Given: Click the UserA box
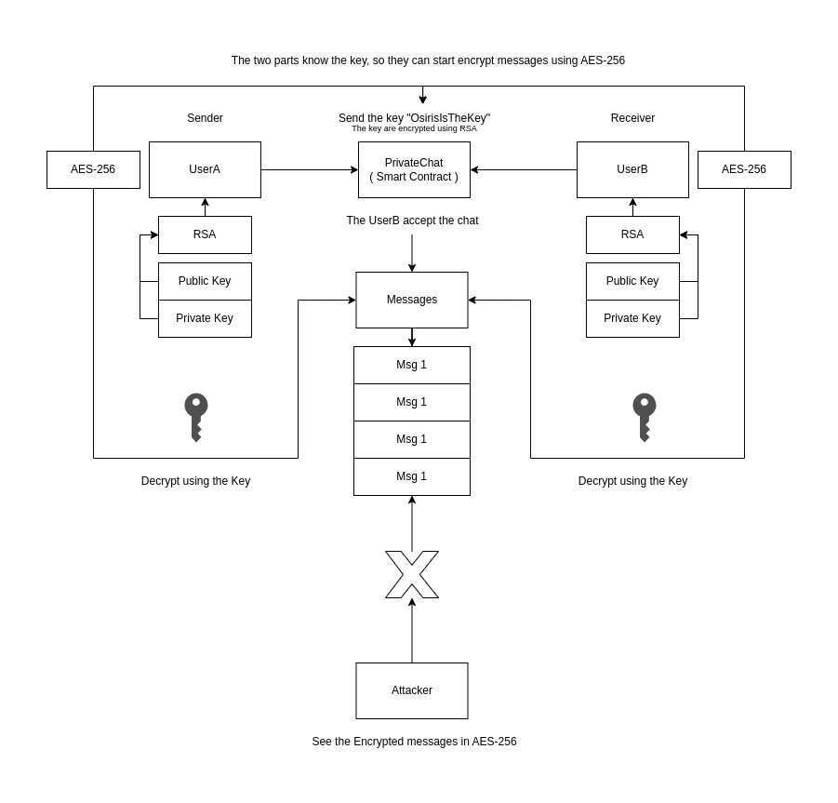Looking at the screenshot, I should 205,169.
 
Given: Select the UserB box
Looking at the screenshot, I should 632,169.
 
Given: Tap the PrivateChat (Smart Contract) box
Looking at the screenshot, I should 414,169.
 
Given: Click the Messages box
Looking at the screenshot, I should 412,300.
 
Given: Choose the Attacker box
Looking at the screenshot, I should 412,690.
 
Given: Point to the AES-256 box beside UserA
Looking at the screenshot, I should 93,169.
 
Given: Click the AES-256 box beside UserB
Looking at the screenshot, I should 744,169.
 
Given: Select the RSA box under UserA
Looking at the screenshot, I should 205,234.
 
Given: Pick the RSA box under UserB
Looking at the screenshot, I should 632,234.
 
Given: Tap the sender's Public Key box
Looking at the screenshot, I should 205,281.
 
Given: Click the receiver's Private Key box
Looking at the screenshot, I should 632,318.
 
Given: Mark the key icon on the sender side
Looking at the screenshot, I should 195,416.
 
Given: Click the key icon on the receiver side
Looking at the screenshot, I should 644,416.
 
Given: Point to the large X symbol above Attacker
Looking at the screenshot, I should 412,574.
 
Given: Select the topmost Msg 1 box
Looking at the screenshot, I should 412,365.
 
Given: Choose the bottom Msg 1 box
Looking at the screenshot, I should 412,476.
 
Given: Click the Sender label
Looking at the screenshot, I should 205,118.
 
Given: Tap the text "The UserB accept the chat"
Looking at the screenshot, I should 412,221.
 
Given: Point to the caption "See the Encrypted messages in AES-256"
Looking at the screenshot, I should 414,742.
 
